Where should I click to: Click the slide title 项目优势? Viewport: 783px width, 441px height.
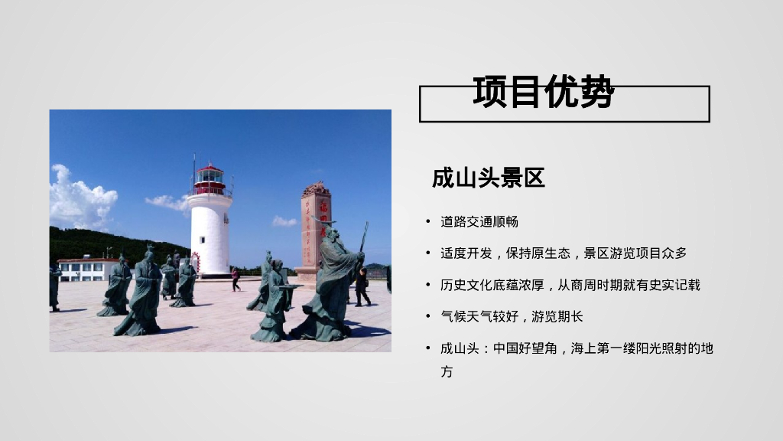tap(544, 93)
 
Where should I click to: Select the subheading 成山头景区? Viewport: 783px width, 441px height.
tap(488, 178)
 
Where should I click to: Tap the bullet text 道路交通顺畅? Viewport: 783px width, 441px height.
tap(479, 222)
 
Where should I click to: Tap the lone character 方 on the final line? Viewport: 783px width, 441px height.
tap(447, 372)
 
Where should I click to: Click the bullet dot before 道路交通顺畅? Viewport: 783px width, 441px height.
tap(428, 222)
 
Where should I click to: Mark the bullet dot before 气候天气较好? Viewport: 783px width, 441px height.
tap(428, 316)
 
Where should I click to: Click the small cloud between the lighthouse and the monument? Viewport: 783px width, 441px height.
tap(284, 221)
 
